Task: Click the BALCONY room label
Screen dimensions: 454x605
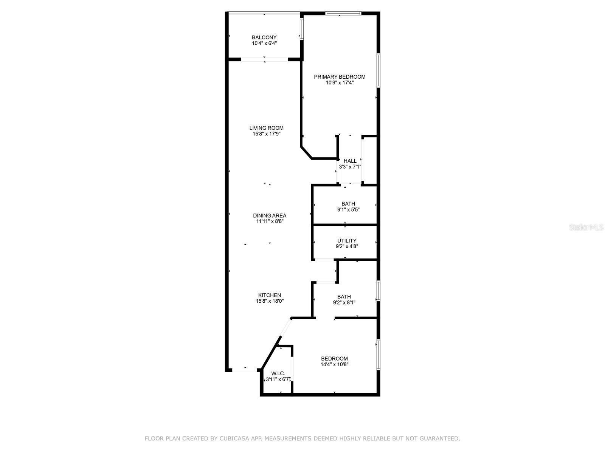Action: coord(264,37)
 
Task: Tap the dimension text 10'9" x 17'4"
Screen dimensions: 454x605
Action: coord(340,83)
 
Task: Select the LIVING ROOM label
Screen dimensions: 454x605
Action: coord(266,128)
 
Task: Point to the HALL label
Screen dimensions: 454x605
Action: coord(350,161)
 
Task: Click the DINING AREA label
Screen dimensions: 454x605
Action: coord(270,216)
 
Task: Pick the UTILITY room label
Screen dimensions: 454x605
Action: coord(347,241)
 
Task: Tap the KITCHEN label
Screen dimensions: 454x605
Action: coord(269,295)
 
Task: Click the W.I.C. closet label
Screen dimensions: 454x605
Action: coord(278,373)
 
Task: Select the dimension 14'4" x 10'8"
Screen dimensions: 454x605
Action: coord(334,365)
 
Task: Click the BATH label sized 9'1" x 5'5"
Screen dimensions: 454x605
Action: coord(348,204)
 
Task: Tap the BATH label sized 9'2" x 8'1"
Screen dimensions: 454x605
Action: coord(344,297)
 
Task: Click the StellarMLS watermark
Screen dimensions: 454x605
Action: coord(586,227)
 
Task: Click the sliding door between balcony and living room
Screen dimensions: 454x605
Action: coord(264,59)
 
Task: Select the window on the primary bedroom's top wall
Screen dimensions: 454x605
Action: coord(343,14)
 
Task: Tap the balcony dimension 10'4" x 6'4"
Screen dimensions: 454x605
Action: coord(264,44)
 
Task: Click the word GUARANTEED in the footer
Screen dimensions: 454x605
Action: coord(438,438)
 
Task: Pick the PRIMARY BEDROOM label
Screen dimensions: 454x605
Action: coord(340,77)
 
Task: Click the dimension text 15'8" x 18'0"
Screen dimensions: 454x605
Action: coord(269,302)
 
